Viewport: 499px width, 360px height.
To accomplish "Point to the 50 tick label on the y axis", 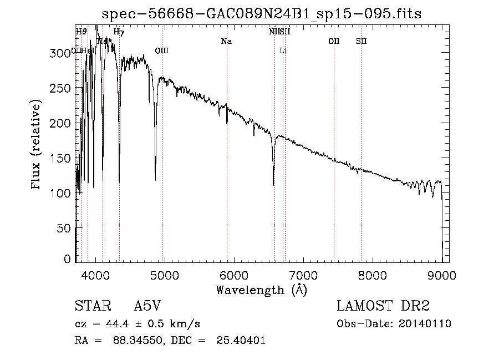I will [x=65, y=228].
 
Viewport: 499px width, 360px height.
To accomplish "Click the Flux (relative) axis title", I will [x=37, y=145].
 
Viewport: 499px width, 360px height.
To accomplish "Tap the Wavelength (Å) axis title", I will [x=261, y=290].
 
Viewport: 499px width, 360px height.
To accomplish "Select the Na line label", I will [x=226, y=42].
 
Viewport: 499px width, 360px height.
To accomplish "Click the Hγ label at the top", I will [x=119, y=32].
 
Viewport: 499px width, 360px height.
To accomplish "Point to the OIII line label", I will [x=161, y=51].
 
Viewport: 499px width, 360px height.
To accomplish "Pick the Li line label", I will [x=283, y=51].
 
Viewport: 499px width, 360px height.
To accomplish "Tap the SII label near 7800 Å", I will [x=361, y=42].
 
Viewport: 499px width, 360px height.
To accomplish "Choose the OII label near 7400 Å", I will [x=334, y=42].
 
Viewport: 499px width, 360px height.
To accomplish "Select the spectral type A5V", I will [x=147, y=306].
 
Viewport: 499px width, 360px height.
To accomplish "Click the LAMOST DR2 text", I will [x=383, y=306].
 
